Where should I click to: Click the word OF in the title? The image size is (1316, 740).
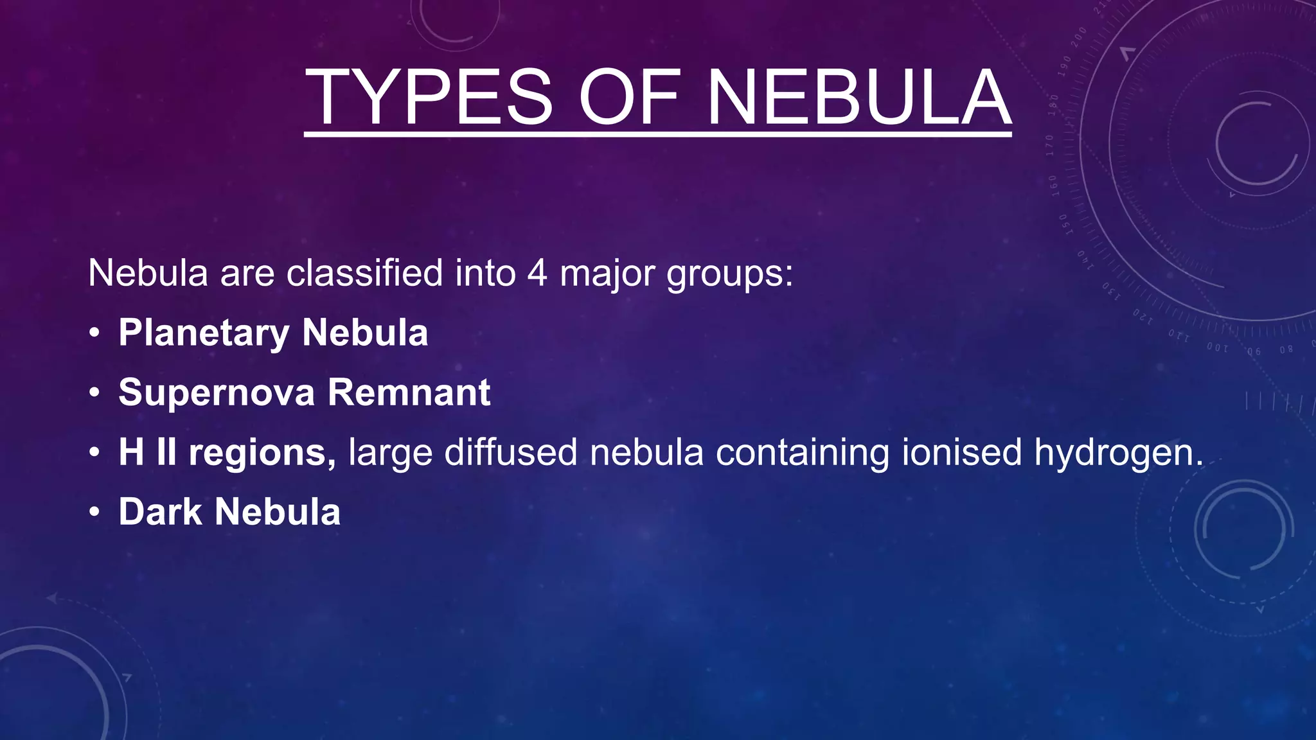628,98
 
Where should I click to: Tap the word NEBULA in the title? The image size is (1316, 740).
858,98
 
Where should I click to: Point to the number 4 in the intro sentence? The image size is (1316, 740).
537,273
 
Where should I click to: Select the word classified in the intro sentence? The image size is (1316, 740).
364,273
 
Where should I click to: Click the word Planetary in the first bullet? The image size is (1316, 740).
204,333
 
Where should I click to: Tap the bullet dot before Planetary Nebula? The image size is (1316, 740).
94,333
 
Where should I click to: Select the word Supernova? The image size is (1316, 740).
217,392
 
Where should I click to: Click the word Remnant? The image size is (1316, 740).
409,392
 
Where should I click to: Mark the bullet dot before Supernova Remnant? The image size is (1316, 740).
94,392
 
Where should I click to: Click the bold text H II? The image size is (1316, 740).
147,452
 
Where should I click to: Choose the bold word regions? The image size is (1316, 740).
262,453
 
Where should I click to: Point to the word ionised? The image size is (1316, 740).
961,452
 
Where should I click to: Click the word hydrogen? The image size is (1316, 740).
1119,453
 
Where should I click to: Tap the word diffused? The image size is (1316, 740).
511,452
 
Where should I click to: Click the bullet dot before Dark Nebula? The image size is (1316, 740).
94,512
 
